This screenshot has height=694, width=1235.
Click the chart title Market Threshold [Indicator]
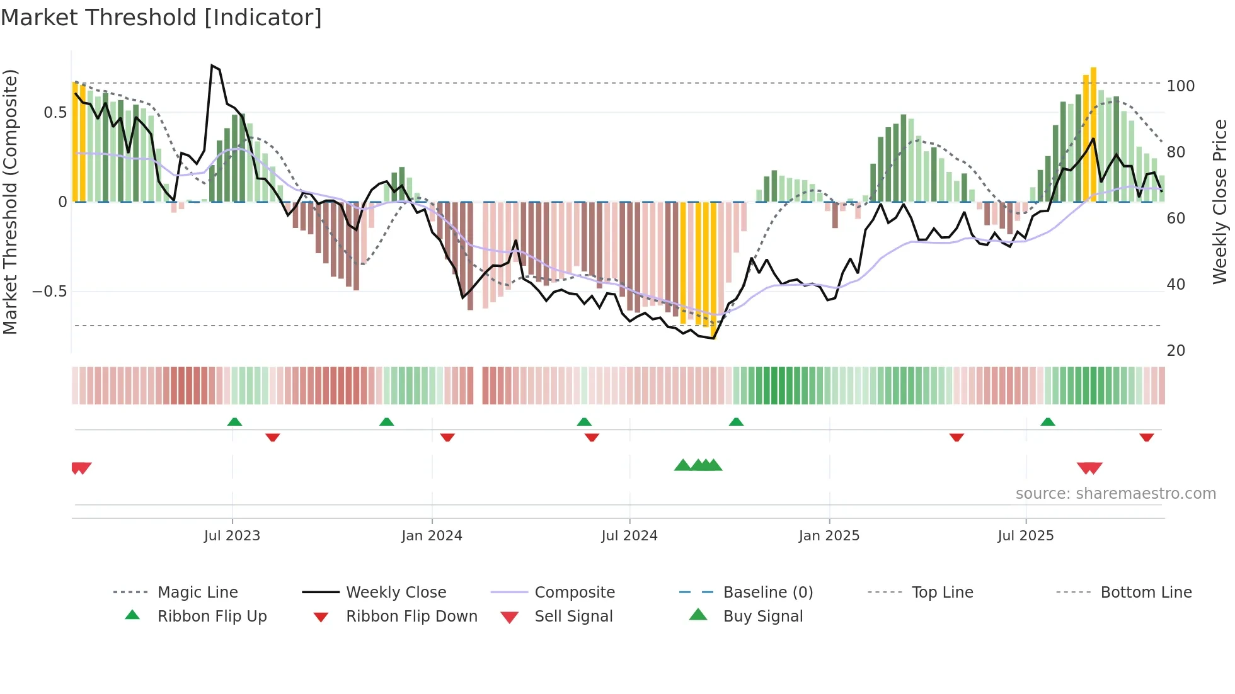pos(161,18)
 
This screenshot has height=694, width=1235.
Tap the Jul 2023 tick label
pos(232,536)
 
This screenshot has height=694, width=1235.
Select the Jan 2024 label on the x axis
pos(432,536)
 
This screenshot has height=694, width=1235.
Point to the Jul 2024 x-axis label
pos(629,536)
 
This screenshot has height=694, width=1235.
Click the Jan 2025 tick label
pos(829,536)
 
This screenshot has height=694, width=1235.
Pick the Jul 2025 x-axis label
pos(1025,536)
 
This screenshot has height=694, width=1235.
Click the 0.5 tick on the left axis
pos(55,113)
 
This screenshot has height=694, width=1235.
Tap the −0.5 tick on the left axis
pos(49,292)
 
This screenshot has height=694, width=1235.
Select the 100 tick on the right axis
pos(1180,86)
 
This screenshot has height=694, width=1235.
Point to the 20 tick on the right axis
pos(1176,351)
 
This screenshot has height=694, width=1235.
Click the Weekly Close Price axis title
pos(1220,202)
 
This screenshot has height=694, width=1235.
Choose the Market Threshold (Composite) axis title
pos(10,202)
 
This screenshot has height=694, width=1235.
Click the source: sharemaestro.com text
pos(1115,494)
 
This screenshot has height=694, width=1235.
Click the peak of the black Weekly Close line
pos(212,65)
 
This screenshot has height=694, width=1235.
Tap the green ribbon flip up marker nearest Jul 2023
pos(234,421)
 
